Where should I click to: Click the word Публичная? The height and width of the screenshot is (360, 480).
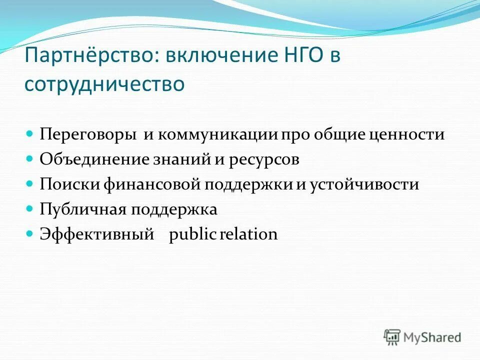point(83,209)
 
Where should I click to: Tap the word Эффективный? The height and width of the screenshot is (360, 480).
point(96,234)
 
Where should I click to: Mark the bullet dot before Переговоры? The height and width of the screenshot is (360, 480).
point(29,134)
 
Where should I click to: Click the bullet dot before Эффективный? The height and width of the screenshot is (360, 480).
point(29,233)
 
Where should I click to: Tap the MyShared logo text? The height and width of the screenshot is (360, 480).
point(433,337)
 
